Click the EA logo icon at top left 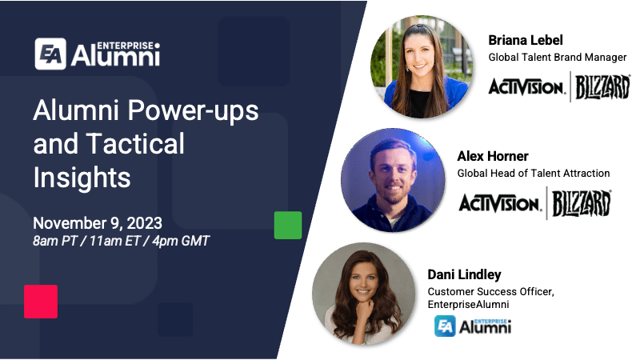click(x=50, y=54)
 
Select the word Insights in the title click(x=82, y=177)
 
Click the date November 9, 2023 click(x=98, y=222)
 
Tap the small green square click(x=288, y=225)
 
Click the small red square click(x=41, y=302)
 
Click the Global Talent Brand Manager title click(x=558, y=57)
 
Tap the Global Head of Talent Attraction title click(x=534, y=173)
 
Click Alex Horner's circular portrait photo click(x=392, y=181)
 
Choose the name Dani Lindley click(x=465, y=274)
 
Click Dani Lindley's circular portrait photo click(x=364, y=294)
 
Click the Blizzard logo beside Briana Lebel click(x=602, y=86)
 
